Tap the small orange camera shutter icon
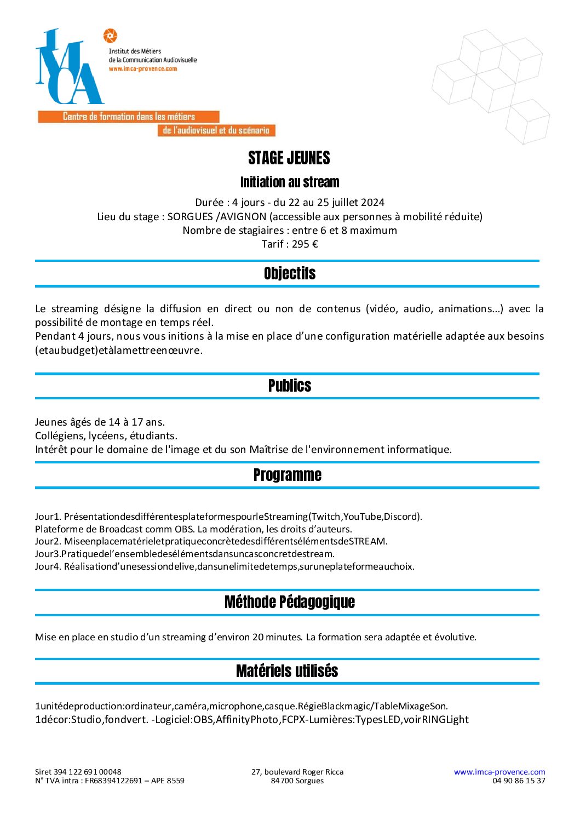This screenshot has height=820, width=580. [110, 36]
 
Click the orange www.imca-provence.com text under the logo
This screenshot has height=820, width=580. [142, 69]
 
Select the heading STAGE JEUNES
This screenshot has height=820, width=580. [289, 158]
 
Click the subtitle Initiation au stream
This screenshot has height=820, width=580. [290, 182]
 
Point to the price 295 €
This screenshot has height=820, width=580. [305, 244]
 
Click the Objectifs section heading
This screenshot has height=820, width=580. [290, 273]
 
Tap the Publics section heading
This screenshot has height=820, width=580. [290, 386]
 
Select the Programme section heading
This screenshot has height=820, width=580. [288, 475]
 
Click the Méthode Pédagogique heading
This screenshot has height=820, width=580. [290, 602]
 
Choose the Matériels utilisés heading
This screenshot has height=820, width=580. [287, 671]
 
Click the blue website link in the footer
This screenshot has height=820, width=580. [499, 772]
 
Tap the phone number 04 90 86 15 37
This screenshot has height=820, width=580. [519, 781]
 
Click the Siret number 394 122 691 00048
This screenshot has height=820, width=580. [88, 772]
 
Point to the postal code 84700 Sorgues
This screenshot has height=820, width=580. [297, 781]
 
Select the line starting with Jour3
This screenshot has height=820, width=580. [185, 554]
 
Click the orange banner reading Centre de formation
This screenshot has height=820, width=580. [129, 117]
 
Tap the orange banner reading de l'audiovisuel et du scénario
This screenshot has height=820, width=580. [216, 130]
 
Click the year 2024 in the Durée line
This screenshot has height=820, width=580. [372, 203]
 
